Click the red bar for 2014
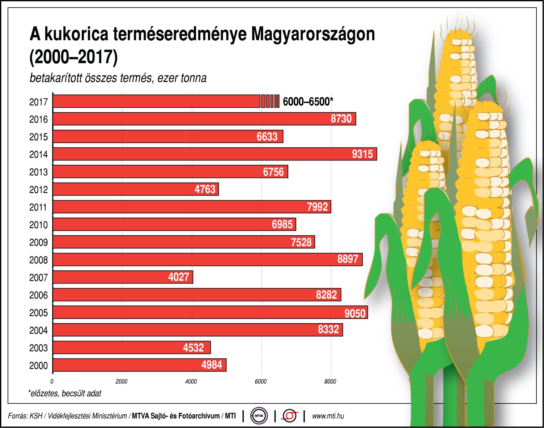tap(215, 154)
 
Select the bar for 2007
tap(123, 277)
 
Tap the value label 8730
tap(341, 119)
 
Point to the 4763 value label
tap(205, 189)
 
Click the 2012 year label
tap(38, 190)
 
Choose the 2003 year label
tap(38, 348)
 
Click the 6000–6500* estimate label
tap(307, 102)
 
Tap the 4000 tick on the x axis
tap(191, 382)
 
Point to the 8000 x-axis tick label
tap(330, 382)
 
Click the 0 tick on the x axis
tap(52, 382)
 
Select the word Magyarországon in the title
tap(313, 34)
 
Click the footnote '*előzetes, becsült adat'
tap(65, 393)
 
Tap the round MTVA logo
tap(259, 416)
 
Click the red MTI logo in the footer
tap(290, 416)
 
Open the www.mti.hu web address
tap(328, 416)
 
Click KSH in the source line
tap(36, 416)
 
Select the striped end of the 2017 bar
tap(270, 101)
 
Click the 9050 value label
tap(355, 313)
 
